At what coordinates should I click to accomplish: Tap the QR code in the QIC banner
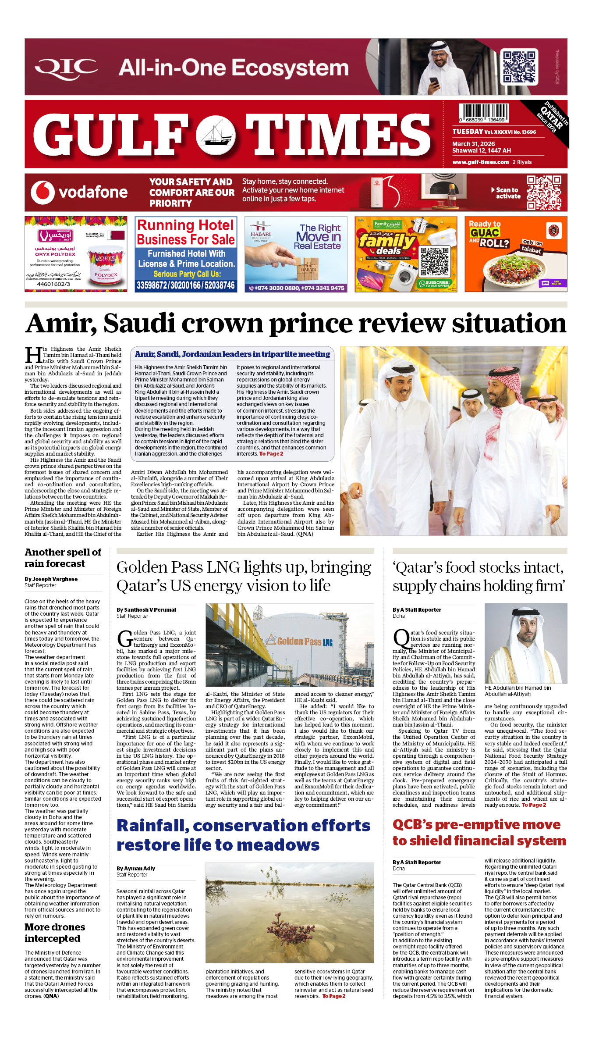pyautogui.click(x=519, y=67)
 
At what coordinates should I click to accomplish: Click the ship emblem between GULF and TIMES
pyautogui.click(x=216, y=134)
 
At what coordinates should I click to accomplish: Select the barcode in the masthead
pyautogui.click(x=483, y=113)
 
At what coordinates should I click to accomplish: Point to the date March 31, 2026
pyautogui.click(x=473, y=144)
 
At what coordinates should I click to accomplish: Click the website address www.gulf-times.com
pyautogui.click(x=480, y=162)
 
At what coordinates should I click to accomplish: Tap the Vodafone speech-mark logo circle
pyautogui.click(x=43, y=192)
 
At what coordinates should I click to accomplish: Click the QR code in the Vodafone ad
pyautogui.click(x=543, y=192)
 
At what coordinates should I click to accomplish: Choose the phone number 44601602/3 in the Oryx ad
pyautogui.click(x=53, y=284)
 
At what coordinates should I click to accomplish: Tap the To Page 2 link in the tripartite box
pyautogui.click(x=271, y=454)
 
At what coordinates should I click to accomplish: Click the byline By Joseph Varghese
pyautogui.click(x=51, y=579)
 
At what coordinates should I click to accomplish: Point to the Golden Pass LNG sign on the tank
pyautogui.click(x=305, y=641)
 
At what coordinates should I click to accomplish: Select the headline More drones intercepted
pyautogui.click(x=55, y=933)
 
